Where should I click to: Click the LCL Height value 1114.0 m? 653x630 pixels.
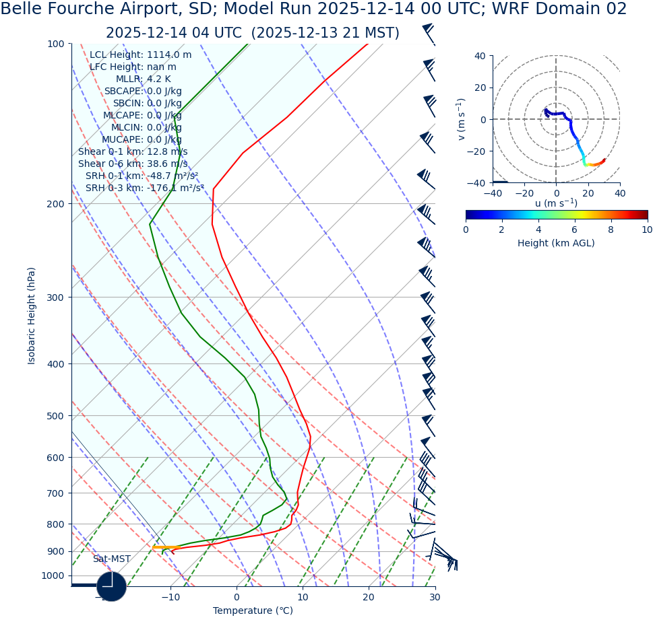(x=169, y=55)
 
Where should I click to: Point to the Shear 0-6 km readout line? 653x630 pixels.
(x=133, y=164)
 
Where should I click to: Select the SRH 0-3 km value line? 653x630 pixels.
(x=144, y=188)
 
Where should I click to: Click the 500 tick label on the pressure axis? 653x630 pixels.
(x=55, y=416)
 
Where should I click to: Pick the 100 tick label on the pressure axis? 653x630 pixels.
(x=55, y=44)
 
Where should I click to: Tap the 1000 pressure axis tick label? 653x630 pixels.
(x=53, y=576)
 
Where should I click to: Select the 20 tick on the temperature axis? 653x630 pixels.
(x=369, y=597)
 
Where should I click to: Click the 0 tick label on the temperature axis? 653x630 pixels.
(x=237, y=597)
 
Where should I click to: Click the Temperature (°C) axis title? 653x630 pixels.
(x=253, y=611)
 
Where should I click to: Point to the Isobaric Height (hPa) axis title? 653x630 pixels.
(x=32, y=316)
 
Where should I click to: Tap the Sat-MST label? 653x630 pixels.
(x=112, y=559)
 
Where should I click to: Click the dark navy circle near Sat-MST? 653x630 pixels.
(x=111, y=586)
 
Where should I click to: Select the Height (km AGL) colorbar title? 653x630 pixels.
(x=556, y=244)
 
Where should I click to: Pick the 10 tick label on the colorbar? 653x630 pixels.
(x=646, y=230)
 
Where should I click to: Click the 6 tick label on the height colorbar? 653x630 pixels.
(x=575, y=230)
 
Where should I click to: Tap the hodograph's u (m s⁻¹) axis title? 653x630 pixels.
(x=556, y=203)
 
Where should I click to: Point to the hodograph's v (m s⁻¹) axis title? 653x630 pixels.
(x=462, y=119)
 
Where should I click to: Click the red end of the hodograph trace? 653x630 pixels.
(x=603, y=160)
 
